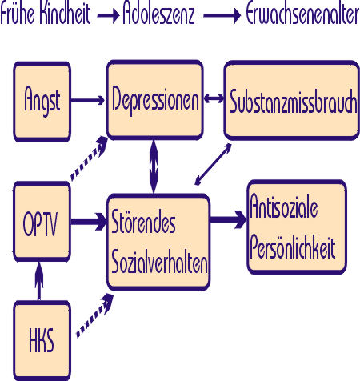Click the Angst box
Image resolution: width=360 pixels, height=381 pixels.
[42, 102]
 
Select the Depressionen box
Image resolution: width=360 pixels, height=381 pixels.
[155, 100]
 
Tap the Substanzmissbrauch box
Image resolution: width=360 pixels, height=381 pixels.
[292, 100]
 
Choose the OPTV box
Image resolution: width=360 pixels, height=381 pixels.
[42, 222]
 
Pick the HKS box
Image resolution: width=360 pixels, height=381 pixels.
[42, 341]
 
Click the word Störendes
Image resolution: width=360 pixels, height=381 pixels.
[143, 222]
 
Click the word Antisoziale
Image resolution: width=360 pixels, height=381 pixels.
[284, 206]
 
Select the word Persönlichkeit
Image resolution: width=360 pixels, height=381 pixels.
[293, 246]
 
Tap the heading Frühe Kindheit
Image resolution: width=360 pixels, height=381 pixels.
[46, 14]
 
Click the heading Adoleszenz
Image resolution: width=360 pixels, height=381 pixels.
[158, 14]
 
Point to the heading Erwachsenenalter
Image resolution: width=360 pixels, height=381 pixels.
[302, 14]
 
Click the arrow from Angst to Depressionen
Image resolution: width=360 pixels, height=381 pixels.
[88, 101]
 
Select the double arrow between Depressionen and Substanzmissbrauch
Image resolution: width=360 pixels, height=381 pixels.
[214, 98]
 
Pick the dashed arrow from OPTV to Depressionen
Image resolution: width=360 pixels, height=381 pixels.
[89, 158]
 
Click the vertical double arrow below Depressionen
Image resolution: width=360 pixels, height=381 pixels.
[154, 166]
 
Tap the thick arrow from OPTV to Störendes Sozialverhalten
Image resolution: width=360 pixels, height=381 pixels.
[89, 222]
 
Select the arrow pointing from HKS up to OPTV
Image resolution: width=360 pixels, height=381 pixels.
[39, 281]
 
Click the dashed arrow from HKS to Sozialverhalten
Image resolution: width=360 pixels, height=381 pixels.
[95, 315]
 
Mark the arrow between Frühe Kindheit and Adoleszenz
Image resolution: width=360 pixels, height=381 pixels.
[108, 15]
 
